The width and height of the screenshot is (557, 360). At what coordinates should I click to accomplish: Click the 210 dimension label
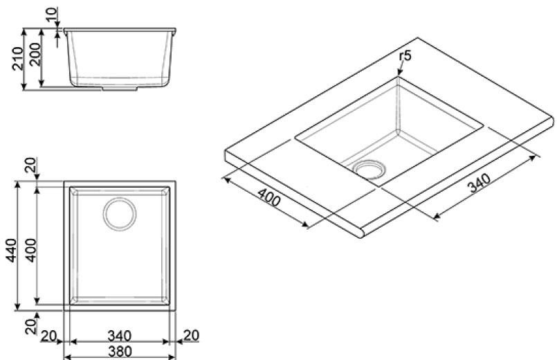(18, 58)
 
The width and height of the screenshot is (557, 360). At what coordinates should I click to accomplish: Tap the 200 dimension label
(35, 54)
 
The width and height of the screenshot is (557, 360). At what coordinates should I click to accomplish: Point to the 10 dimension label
(52, 15)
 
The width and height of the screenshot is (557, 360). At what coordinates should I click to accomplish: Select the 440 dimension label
(12, 251)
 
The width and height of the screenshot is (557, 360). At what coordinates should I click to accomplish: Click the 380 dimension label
(120, 352)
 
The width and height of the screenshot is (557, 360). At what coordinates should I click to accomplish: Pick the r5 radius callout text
(405, 56)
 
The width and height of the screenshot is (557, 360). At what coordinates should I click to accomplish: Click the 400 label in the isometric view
(269, 197)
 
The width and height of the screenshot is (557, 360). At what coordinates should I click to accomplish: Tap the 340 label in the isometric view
(480, 183)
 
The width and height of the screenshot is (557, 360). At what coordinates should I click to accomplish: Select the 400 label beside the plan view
(32, 251)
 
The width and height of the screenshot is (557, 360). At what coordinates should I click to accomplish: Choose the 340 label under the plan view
(119, 336)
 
